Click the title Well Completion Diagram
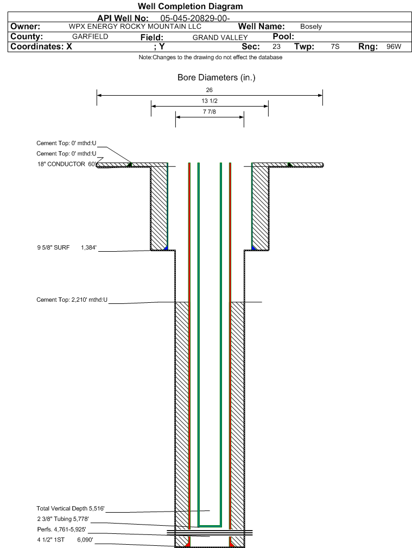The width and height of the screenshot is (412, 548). (x=190, y=7)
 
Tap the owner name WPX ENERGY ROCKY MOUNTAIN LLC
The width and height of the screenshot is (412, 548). (x=128, y=27)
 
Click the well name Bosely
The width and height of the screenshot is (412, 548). (x=311, y=27)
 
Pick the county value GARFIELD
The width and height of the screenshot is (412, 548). (x=90, y=36)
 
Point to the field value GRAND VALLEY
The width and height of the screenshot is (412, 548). (x=220, y=38)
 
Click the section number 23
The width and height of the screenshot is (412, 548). (x=276, y=47)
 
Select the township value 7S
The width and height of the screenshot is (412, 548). (x=335, y=47)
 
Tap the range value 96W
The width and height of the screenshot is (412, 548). (x=394, y=47)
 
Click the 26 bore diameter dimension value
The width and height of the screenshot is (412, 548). (x=210, y=90)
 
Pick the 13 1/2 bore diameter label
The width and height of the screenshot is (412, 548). (x=210, y=101)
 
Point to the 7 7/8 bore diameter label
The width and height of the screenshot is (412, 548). (x=210, y=112)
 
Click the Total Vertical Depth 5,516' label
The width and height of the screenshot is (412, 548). (x=70, y=508)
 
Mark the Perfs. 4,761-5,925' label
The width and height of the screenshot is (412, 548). (x=61, y=529)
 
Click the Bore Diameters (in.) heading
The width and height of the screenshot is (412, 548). (x=216, y=78)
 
